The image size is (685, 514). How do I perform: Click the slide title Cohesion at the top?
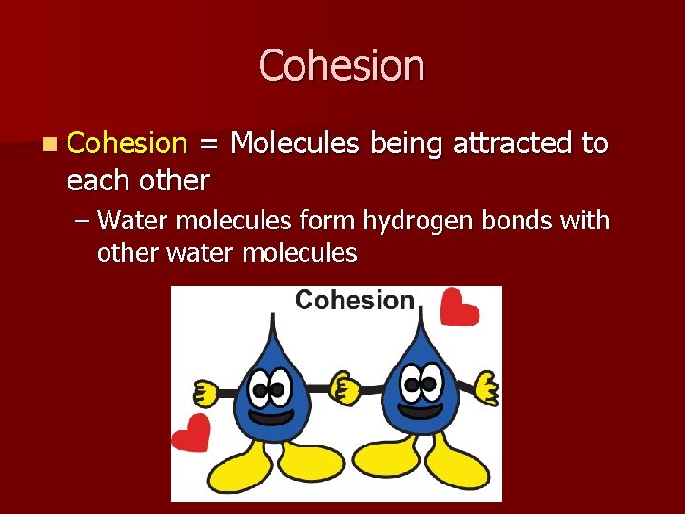click(342, 67)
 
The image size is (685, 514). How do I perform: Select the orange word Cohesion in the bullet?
click(127, 144)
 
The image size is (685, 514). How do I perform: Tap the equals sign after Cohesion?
click(208, 145)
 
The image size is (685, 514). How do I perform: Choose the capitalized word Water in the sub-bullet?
click(131, 221)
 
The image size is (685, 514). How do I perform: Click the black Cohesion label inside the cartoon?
click(354, 301)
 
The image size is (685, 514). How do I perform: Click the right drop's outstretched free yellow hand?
click(486, 387)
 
